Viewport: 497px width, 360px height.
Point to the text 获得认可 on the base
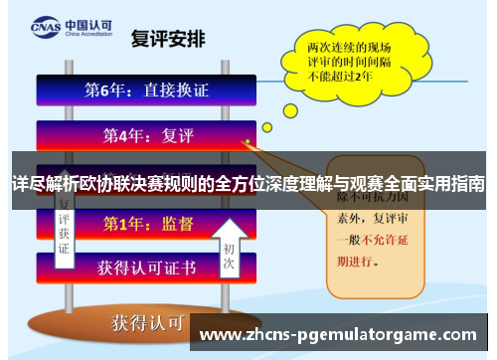tap(148, 323)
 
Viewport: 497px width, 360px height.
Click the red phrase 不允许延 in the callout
tap(381, 240)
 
